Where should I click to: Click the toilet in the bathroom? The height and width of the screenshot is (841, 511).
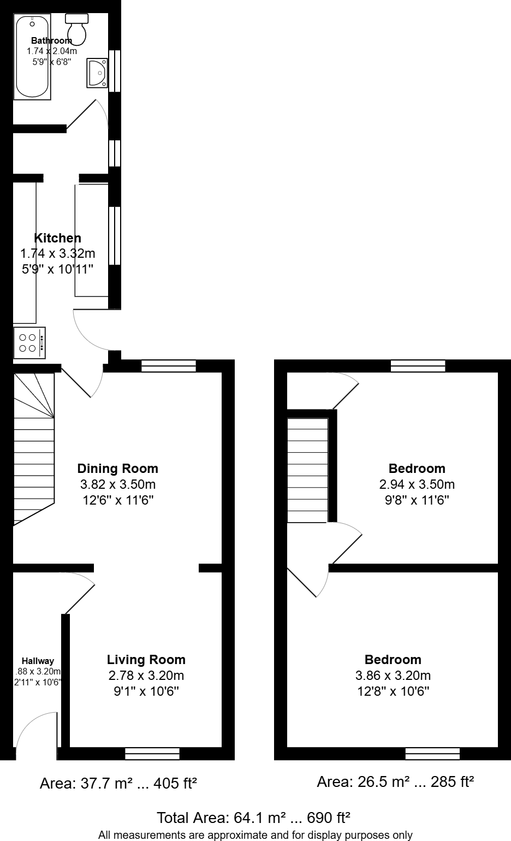coord(77,29)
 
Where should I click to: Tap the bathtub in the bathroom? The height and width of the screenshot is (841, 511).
coord(33,57)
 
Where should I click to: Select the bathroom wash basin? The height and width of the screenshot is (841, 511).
coord(97,73)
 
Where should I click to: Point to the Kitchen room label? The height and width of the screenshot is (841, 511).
coord(57,238)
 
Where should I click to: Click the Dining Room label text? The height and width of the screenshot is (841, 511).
coord(117,469)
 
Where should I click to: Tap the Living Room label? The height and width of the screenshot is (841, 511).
coord(146,660)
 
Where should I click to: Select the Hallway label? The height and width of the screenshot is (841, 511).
coord(38,661)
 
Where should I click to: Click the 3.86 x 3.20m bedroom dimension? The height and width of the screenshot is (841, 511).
coord(393,676)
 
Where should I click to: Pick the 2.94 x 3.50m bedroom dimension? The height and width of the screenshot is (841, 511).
coord(417,484)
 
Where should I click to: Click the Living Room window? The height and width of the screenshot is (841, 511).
coord(152,754)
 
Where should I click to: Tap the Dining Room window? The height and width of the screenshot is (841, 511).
coord(168,366)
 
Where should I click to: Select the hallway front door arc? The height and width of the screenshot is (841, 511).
coord(35,735)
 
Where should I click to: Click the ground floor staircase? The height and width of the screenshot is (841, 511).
coord(34,448)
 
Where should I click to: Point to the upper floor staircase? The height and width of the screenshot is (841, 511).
coord(308,470)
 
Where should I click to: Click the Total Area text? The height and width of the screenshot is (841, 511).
coord(253,818)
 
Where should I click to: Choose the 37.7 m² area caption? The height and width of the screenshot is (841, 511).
coord(118,784)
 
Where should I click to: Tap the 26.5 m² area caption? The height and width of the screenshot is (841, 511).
coord(395,783)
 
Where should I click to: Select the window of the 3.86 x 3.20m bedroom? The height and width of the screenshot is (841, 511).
coord(432,754)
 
